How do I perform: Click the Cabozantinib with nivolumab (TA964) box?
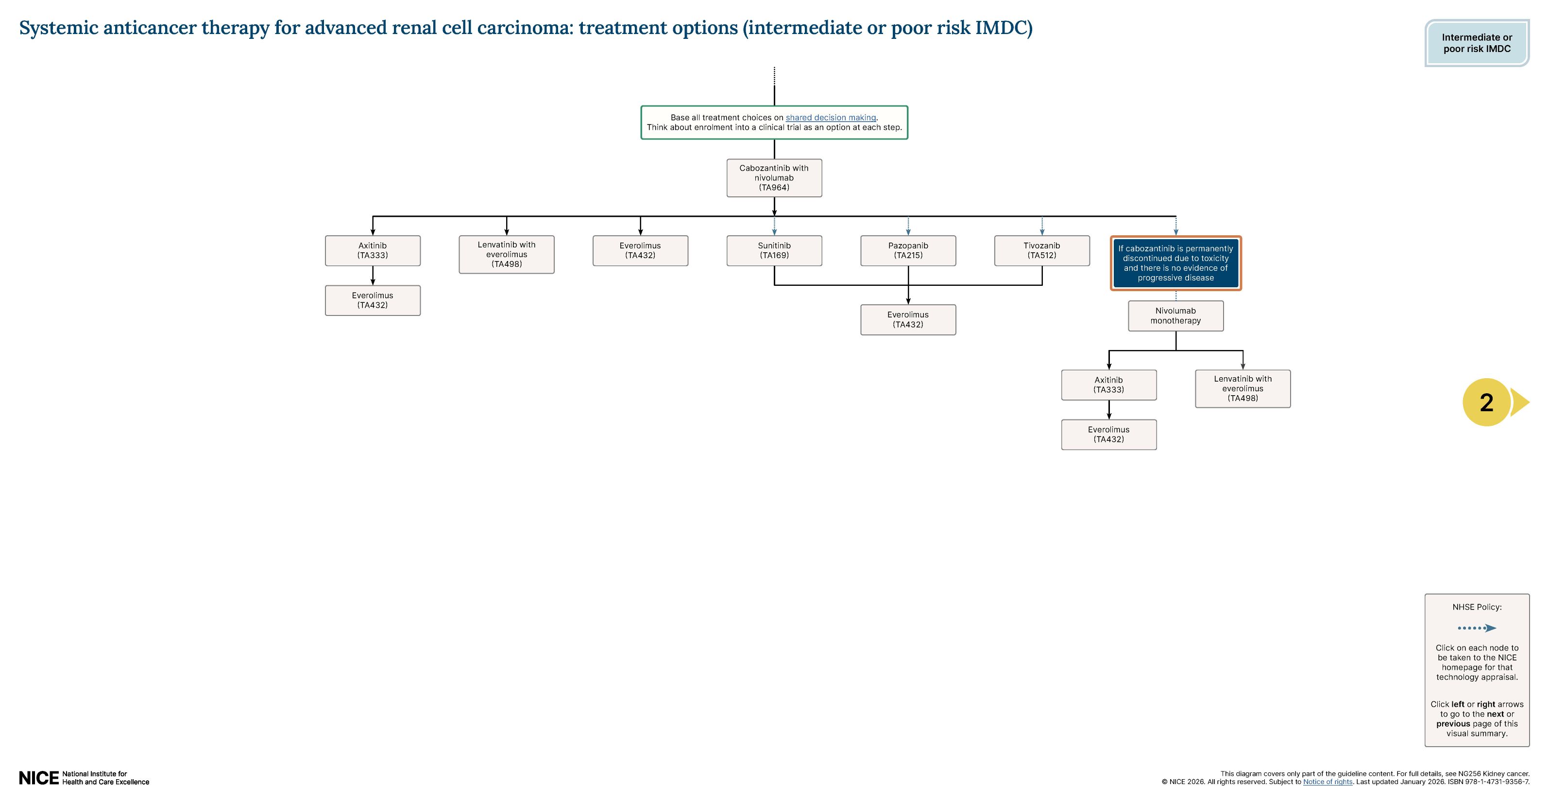(774, 177)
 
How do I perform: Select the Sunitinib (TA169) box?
(774, 250)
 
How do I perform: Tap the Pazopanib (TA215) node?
(908, 250)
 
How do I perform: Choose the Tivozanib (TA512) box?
(1041, 250)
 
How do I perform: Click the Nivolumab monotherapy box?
(1175, 316)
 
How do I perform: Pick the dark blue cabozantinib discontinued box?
(1175, 263)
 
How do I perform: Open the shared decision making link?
(831, 117)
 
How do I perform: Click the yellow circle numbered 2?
(1486, 402)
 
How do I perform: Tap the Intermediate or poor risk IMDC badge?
(1476, 43)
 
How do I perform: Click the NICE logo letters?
(38, 778)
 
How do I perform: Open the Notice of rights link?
(1327, 782)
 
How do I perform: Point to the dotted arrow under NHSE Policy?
(1476, 628)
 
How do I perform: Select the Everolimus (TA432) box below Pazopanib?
(908, 319)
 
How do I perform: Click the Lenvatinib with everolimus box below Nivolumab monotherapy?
(1243, 389)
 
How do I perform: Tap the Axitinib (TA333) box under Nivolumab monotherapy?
(1108, 385)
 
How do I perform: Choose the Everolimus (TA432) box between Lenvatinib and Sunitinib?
(640, 250)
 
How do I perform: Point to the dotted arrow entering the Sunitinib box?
(774, 226)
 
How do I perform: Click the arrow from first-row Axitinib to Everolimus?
(373, 276)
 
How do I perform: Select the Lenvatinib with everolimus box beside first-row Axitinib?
(506, 254)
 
